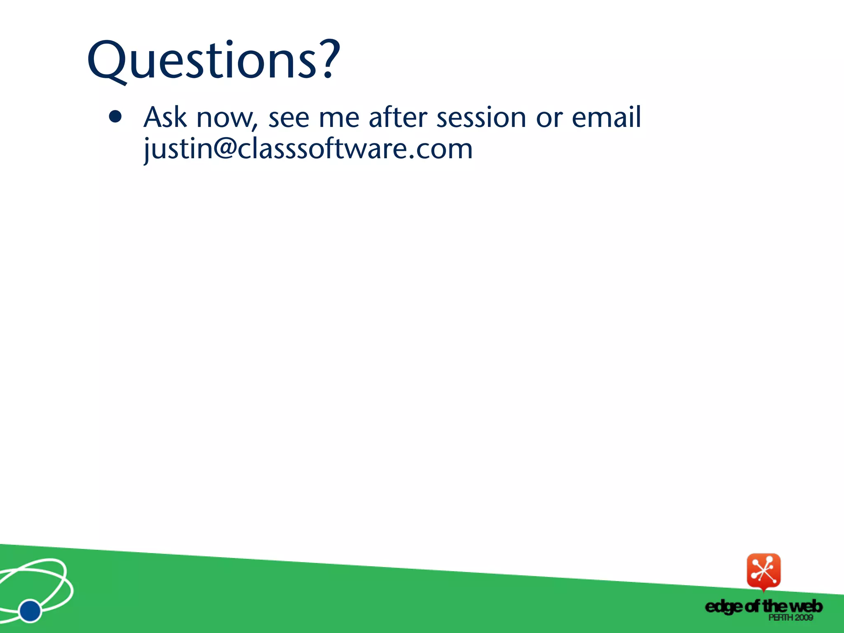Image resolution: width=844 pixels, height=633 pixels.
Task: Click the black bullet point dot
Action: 115,117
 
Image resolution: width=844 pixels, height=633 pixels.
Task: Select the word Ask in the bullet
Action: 165,117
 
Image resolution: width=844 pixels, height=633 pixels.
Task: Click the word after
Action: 398,117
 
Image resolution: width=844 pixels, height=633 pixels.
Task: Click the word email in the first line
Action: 606,117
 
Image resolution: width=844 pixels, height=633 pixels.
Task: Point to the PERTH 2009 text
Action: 790,617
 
